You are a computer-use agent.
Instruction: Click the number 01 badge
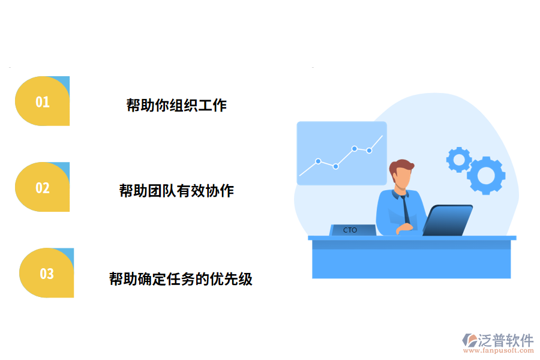(x=42, y=101)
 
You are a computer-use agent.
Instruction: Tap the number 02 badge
(x=42, y=187)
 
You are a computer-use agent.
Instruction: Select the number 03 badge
(x=47, y=273)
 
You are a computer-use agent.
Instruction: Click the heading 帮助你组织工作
(x=176, y=106)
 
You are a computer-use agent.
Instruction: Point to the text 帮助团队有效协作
(x=176, y=191)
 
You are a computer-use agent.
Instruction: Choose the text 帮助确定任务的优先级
(x=181, y=279)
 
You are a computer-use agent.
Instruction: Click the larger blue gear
(x=486, y=175)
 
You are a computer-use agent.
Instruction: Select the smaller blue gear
(x=459, y=160)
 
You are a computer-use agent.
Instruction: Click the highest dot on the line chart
(x=355, y=148)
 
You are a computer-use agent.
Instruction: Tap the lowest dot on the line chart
(x=335, y=166)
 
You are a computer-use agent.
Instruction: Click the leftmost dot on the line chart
(x=318, y=161)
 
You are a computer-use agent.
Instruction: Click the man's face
(x=403, y=179)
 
